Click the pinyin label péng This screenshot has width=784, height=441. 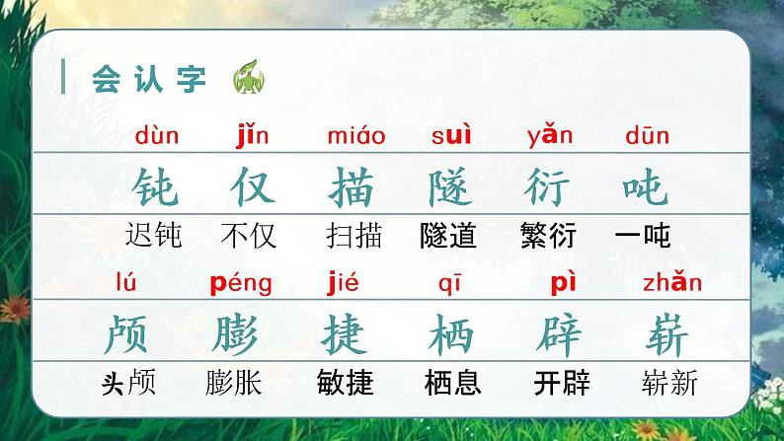(242, 285)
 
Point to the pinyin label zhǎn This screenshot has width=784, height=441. (671, 284)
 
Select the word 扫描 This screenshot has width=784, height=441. (353, 236)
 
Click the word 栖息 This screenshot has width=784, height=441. (452, 382)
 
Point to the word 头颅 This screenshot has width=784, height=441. (128, 382)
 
